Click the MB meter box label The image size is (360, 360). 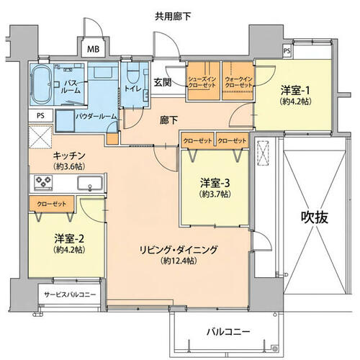93,49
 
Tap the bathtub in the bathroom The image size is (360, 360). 42,84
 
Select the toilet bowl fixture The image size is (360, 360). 132,73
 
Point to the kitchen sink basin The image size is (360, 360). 90,184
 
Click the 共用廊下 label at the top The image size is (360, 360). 173,17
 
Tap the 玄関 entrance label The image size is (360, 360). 163,83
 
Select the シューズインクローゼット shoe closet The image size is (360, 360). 204,81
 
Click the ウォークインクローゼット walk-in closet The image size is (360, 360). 238,81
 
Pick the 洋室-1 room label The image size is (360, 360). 295,91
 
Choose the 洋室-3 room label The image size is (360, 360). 215,184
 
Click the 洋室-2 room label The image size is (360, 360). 69,239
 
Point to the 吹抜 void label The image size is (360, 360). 315,217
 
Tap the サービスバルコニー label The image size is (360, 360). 70,294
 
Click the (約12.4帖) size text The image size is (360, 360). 179,261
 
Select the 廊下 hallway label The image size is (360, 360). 168,120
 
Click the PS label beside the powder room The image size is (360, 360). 40,116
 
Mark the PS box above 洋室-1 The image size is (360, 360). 287,51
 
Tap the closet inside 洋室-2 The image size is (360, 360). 52,204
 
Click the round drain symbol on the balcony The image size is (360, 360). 275,348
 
